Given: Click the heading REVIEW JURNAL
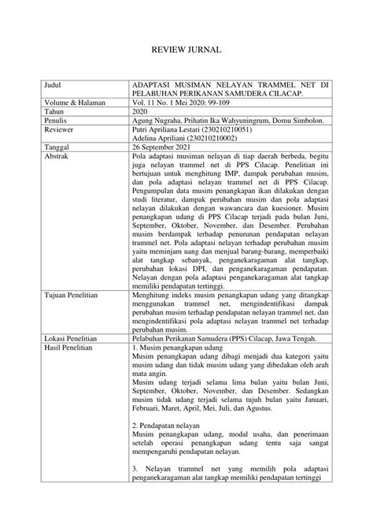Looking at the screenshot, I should pos(186,50).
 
